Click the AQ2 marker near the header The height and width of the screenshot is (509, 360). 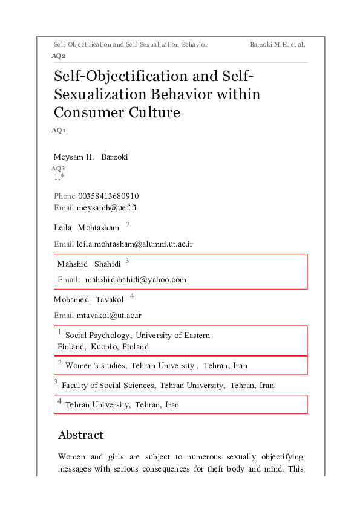click(x=59, y=56)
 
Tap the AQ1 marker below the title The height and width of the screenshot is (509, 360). click(x=59, y=130)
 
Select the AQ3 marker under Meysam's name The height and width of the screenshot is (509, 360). click(x=58, y=168)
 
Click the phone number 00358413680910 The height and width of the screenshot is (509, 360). click(x=108, y=196)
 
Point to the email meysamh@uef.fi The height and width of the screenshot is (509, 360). click(x=102, y=208)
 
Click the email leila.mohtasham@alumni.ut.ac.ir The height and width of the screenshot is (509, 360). click(x=134, y=244)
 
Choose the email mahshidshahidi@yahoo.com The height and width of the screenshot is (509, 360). click(x=136, y=280)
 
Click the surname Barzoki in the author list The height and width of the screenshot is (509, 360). click(x=114, y=157)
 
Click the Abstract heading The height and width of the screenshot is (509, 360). click(x=80, y=435)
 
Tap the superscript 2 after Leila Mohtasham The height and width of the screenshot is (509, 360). click(x=128, y=225)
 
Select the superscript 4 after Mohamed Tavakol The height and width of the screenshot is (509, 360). click(x=132, y=296)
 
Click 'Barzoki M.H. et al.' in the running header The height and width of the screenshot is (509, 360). click(x=277, y=44)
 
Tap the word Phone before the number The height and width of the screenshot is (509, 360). click(x=65, y=196)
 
